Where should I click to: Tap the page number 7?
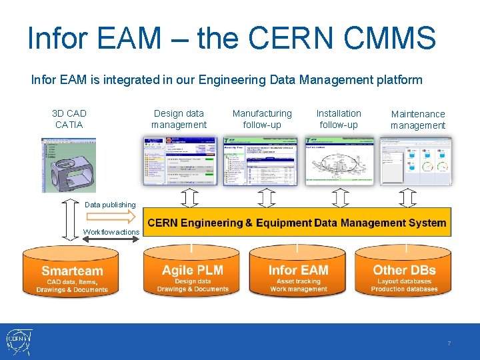click(449, 343)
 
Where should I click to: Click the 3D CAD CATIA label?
click(69, 119)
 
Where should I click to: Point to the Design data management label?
click(179, 119)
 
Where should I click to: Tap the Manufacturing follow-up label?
click(262, 119)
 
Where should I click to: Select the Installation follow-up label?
click(339, 119)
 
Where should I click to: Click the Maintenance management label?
click(418, 120)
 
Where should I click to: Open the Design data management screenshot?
click(180, 161)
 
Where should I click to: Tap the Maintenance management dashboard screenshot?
click(416, 161)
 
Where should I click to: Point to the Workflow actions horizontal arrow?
click(111, 239)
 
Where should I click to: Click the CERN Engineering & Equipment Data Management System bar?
click(297, 223)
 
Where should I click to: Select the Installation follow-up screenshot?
click(339, 161)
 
